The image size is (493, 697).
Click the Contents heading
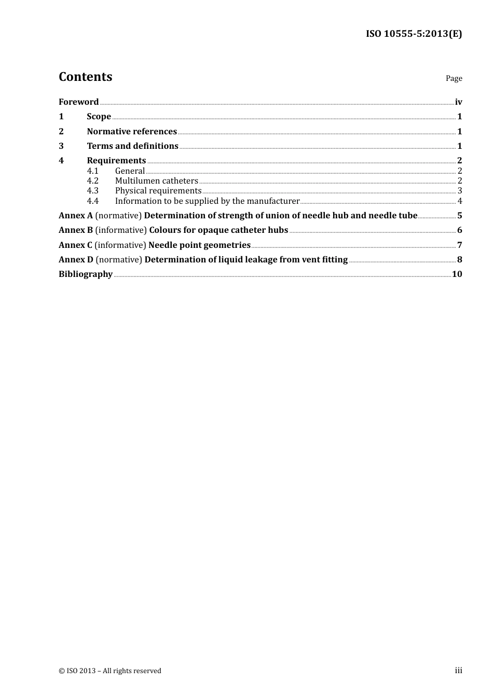[x=85, y=77]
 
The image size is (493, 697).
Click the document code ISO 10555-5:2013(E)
[x=414, y=34]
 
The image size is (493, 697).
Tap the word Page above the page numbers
[x=454, y=78]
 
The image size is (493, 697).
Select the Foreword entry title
[x=78, y=102]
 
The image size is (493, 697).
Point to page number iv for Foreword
[x=458, y=102]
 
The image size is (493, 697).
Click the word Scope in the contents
[x=99, y=117]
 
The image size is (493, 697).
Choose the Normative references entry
[x=132, y=132]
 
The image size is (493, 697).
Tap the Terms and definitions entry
[x=132, y=146]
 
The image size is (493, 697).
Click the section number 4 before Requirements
[x=61, y=161]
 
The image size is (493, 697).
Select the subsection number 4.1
[x=92, y=171]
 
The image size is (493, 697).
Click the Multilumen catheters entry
[x=156, y=181]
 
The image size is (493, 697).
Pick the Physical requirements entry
[x=158, y=191]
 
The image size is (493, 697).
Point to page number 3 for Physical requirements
[x=460, y=191]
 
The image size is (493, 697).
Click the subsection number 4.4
[x=92, y=201]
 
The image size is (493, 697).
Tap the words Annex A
[x=76, y=216]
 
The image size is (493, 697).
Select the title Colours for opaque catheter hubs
[x=218, y=230]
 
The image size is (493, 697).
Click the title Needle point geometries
[x=199, y=245]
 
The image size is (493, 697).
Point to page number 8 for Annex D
[x=460, y=260]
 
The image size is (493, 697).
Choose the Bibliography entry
[x=86, y=274]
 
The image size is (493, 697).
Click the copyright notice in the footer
[x=110, y=671]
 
